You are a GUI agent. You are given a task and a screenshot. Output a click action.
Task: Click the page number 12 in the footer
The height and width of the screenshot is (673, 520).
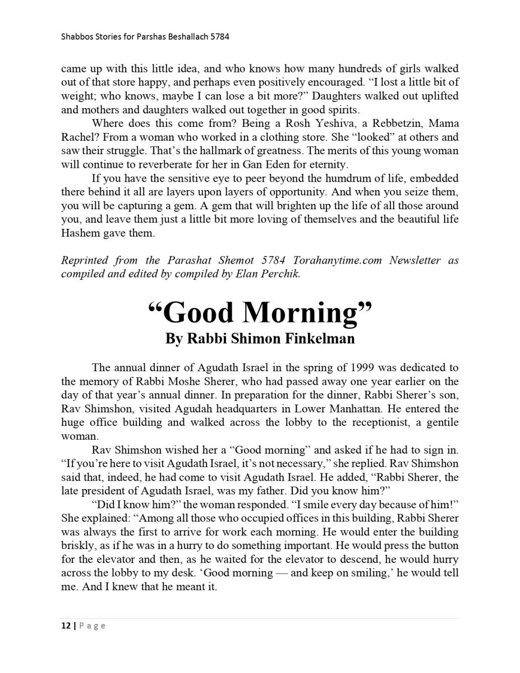click(65, 626)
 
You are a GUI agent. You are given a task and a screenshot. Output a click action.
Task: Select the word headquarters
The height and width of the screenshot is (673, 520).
click(290, 409)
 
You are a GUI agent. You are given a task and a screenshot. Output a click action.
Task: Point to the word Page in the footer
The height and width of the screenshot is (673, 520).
click(91, 626)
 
